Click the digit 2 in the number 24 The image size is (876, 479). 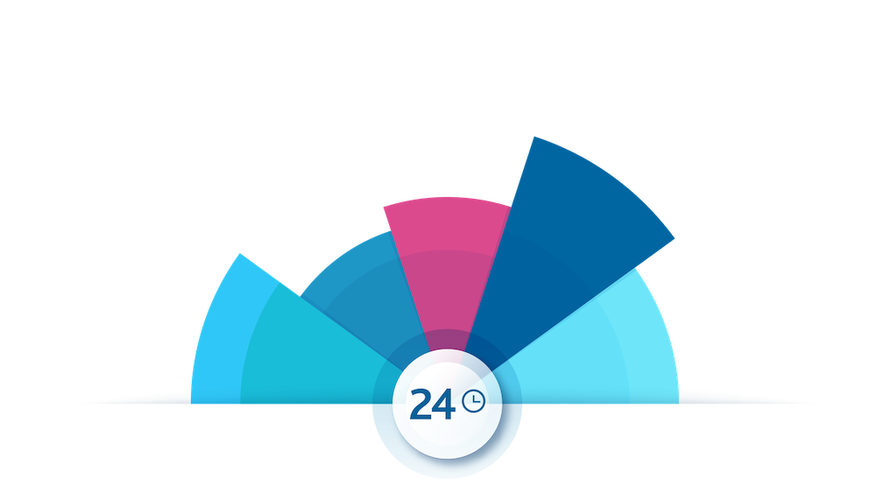click(420, 404)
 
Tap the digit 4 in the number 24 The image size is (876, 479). click(443, 404)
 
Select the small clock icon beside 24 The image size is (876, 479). click(474, 400)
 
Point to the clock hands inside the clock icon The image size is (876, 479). click(476, 399)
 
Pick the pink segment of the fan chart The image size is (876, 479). click(447, 251)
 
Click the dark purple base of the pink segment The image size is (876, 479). click(447, 340)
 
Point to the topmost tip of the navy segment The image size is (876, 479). click(534, 137)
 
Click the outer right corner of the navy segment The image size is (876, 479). click(675, 238)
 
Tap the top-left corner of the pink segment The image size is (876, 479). click(384, 208)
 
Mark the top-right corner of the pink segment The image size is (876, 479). click(511, 208)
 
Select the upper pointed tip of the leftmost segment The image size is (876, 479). click(240, 253)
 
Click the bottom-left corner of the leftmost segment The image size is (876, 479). click(191, 403)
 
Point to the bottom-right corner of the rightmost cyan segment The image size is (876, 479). click(678, 403)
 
